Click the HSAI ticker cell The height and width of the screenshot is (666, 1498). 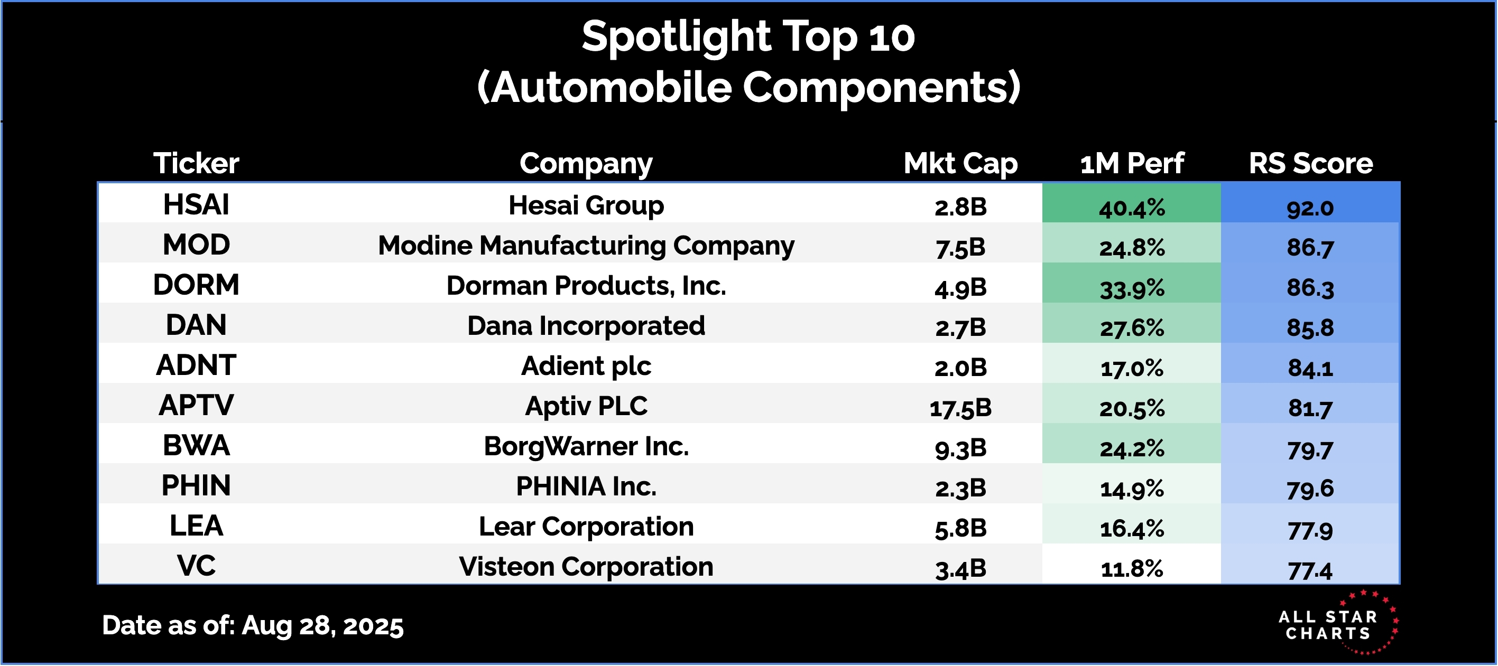click(196, 204)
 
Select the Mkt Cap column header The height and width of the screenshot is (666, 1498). click(960, 163)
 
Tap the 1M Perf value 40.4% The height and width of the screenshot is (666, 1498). click(1132, 208)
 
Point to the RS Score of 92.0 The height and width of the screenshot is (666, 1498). click(1310, 208)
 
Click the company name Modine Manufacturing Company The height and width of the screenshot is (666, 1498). click(586, 246)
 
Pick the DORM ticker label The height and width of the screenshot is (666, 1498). click(196, 285)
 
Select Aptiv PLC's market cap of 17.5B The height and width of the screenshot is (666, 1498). click(960, 408)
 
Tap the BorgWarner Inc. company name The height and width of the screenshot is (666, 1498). click(586, 446)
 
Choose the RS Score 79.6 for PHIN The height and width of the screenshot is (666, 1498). click(1310, 489)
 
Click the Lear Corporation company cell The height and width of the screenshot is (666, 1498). click(586, 527)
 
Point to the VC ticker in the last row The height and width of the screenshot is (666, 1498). click(196, 566)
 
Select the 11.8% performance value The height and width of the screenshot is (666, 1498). click(1132, 568)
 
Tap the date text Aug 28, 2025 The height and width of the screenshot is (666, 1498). click(322, 626)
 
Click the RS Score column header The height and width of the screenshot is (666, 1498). click(1311, 163)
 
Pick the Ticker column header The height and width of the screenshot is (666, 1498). click(196, 163)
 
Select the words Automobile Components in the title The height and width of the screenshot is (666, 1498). click(748, 87)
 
